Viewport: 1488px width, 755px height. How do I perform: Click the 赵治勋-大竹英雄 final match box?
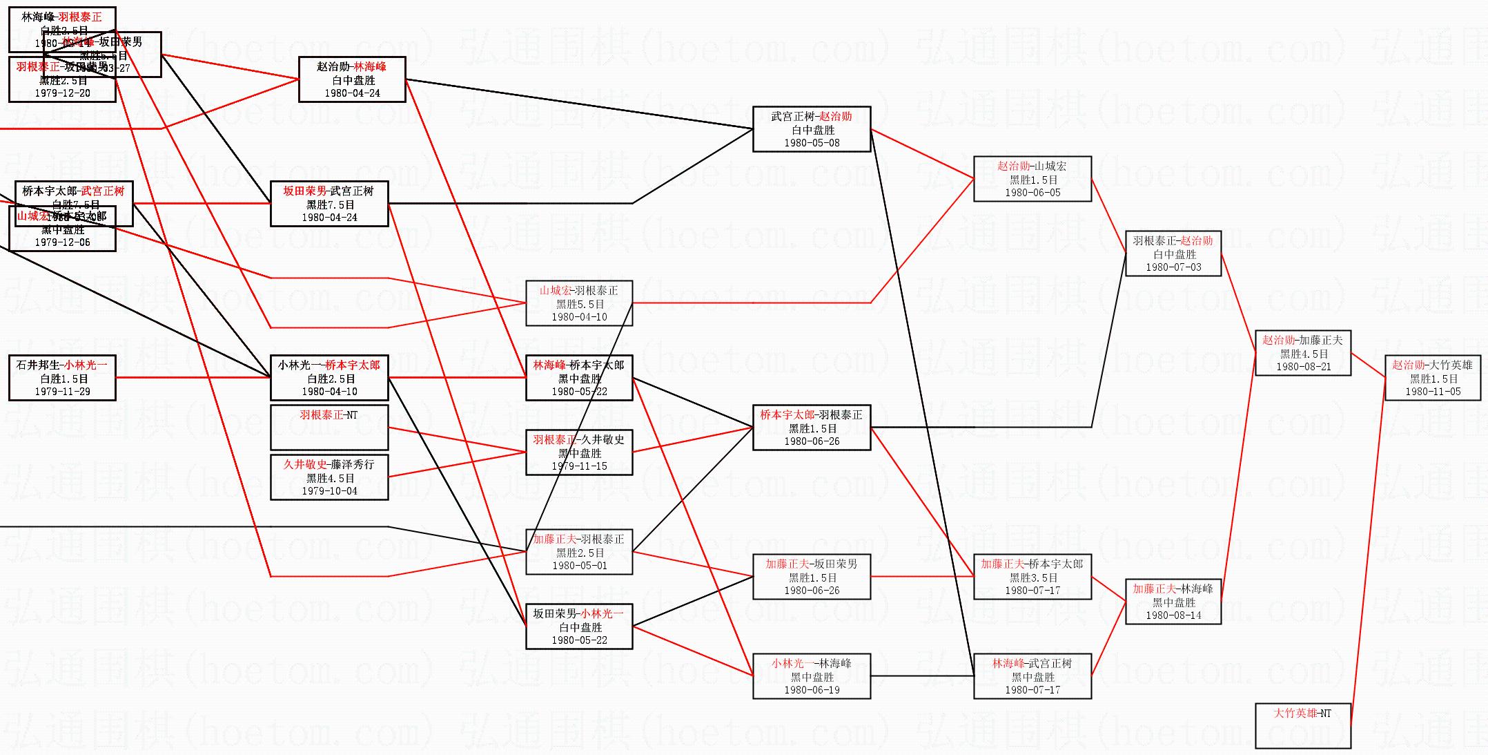point(1433,378)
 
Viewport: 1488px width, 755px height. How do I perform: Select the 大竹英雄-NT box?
point(1302,725)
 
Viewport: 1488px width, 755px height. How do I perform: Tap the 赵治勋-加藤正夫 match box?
point(1302,353)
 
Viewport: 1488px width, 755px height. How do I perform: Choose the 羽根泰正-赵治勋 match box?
point(1173,254)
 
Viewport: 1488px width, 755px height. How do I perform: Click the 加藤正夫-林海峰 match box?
point(1173,602)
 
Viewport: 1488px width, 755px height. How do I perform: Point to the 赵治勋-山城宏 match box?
point(1032,179)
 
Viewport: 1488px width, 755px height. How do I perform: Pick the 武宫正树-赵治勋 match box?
point(812,129)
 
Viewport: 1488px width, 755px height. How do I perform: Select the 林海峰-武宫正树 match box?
point(1032,676)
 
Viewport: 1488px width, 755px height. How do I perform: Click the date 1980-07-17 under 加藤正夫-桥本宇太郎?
point(1032,591)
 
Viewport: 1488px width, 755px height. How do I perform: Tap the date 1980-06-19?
point(812,690)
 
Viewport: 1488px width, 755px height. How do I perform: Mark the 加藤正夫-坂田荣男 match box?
point(812,577)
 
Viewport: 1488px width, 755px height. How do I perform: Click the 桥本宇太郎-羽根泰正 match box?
point(812,428)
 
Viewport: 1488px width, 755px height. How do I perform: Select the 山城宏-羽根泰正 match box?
point(579,303)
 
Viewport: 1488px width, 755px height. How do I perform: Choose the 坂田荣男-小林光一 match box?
point(579,627)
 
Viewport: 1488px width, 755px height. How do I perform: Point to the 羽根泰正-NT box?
point(329,428)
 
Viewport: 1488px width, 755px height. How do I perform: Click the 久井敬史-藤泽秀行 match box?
point(329,477)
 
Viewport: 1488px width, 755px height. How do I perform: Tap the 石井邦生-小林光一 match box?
point(62,378)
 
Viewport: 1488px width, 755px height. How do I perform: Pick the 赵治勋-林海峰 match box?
point(352,79)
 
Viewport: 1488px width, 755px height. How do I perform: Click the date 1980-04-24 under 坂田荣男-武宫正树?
point(329,218)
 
